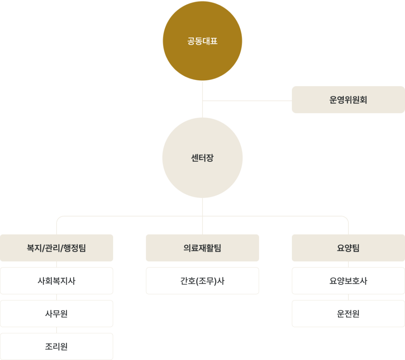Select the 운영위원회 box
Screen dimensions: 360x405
click(348, 100)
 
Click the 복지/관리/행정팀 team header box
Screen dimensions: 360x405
click(57, 248)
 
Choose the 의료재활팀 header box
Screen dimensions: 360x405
click(202, 248)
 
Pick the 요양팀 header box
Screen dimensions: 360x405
click(348, 248)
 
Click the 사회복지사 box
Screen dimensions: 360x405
click(57, 281)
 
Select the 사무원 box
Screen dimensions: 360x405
click(57, 314)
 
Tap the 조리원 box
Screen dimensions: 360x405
click(57, 347)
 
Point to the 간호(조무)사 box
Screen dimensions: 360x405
click(202, 281)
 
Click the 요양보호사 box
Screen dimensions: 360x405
click(348, 281)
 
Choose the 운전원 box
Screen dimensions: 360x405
click(348, 314)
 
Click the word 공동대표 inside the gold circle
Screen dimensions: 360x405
click(202, 41)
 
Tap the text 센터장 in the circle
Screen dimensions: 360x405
click(202, 158)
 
